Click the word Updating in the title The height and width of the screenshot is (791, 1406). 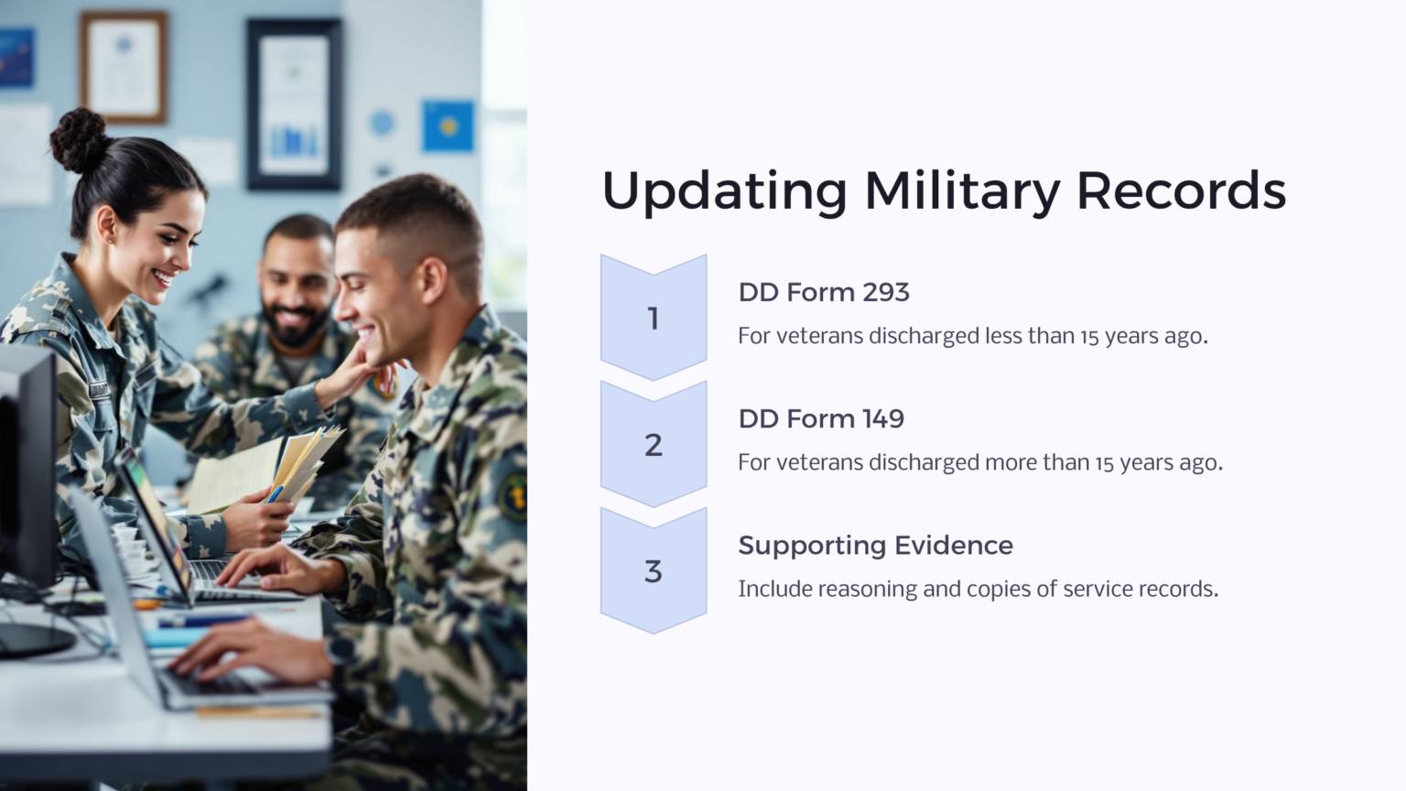click(723, 191)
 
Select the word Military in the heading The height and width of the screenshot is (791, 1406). click(961, 191)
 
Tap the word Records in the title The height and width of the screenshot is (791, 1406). click(1181, 191)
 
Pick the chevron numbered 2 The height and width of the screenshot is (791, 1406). click(653, 444)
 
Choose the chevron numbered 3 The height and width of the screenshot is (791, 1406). click(653, 570)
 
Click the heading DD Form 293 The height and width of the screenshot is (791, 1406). click(823, 292)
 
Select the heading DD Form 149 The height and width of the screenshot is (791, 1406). click(820, 418)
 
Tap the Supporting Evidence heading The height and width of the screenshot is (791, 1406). click(875, 545)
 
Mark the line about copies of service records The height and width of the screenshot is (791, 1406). click(978, 589)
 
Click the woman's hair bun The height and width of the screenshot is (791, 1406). click(78, 139)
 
